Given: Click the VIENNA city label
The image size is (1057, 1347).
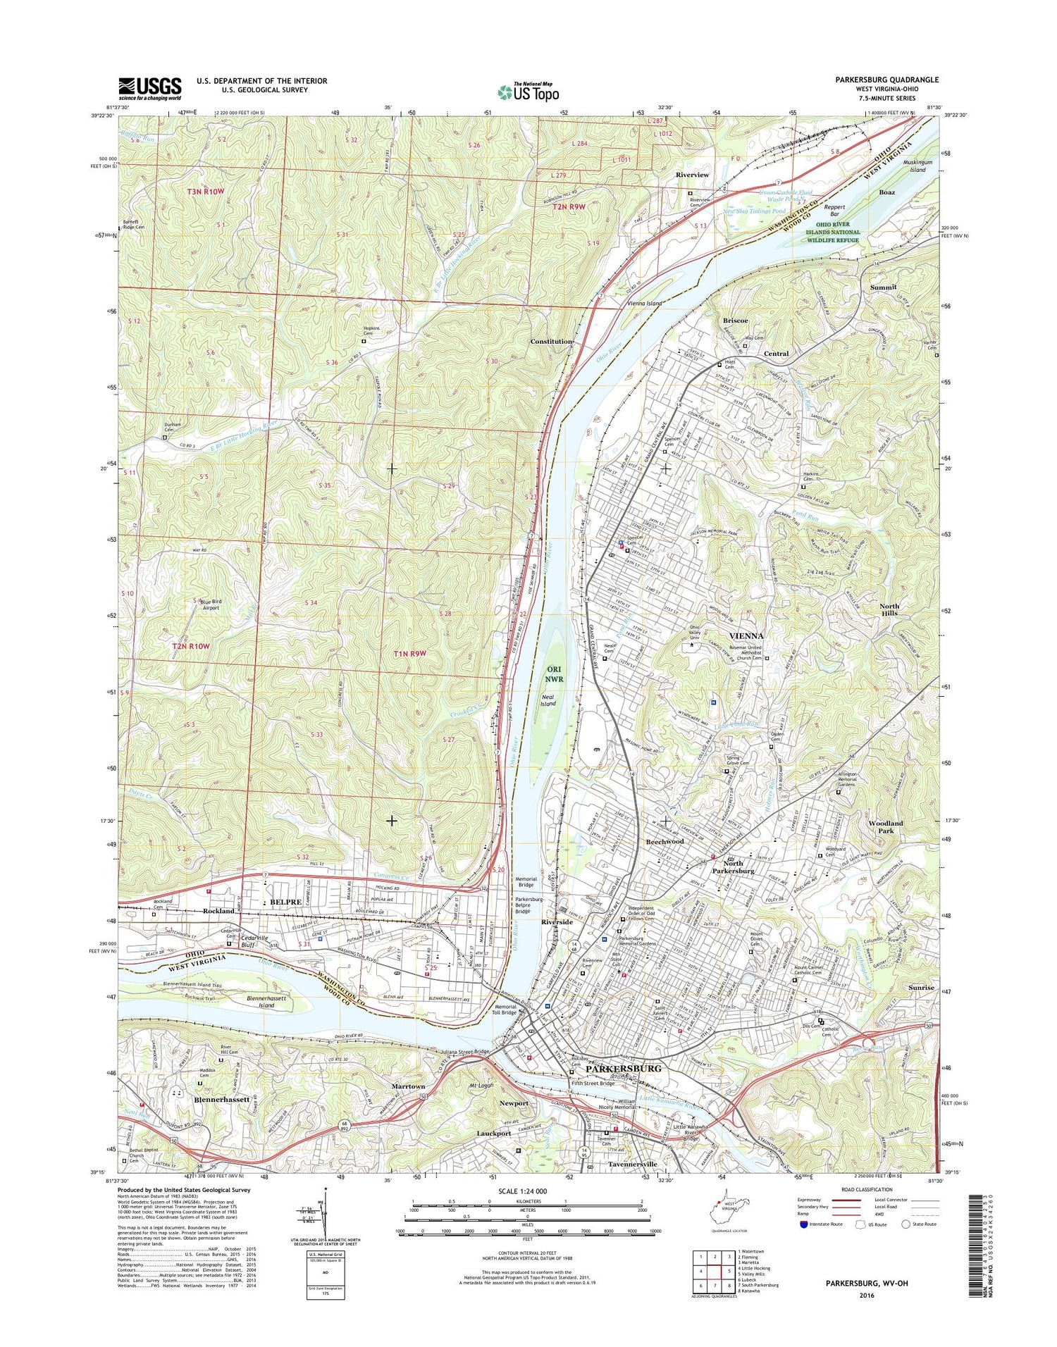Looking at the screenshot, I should [738, 635].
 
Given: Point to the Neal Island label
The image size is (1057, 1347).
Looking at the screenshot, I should [548, 700].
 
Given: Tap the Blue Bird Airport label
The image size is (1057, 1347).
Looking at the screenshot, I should [210, 604].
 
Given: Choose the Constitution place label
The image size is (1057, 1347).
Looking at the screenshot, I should [551, 341].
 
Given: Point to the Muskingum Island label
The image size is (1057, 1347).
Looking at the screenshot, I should [913, 166].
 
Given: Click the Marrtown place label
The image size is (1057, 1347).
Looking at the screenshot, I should [408, 1086].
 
